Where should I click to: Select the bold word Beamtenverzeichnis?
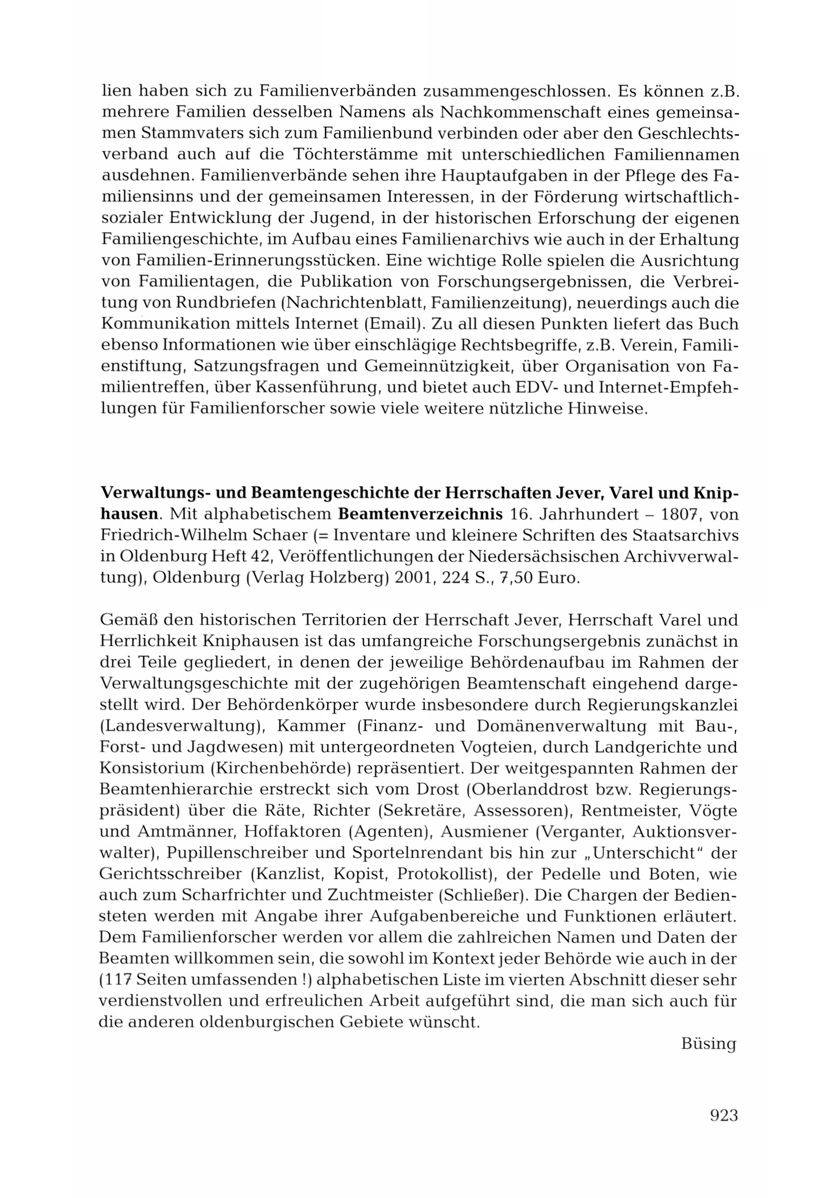[x=420, y=514]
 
